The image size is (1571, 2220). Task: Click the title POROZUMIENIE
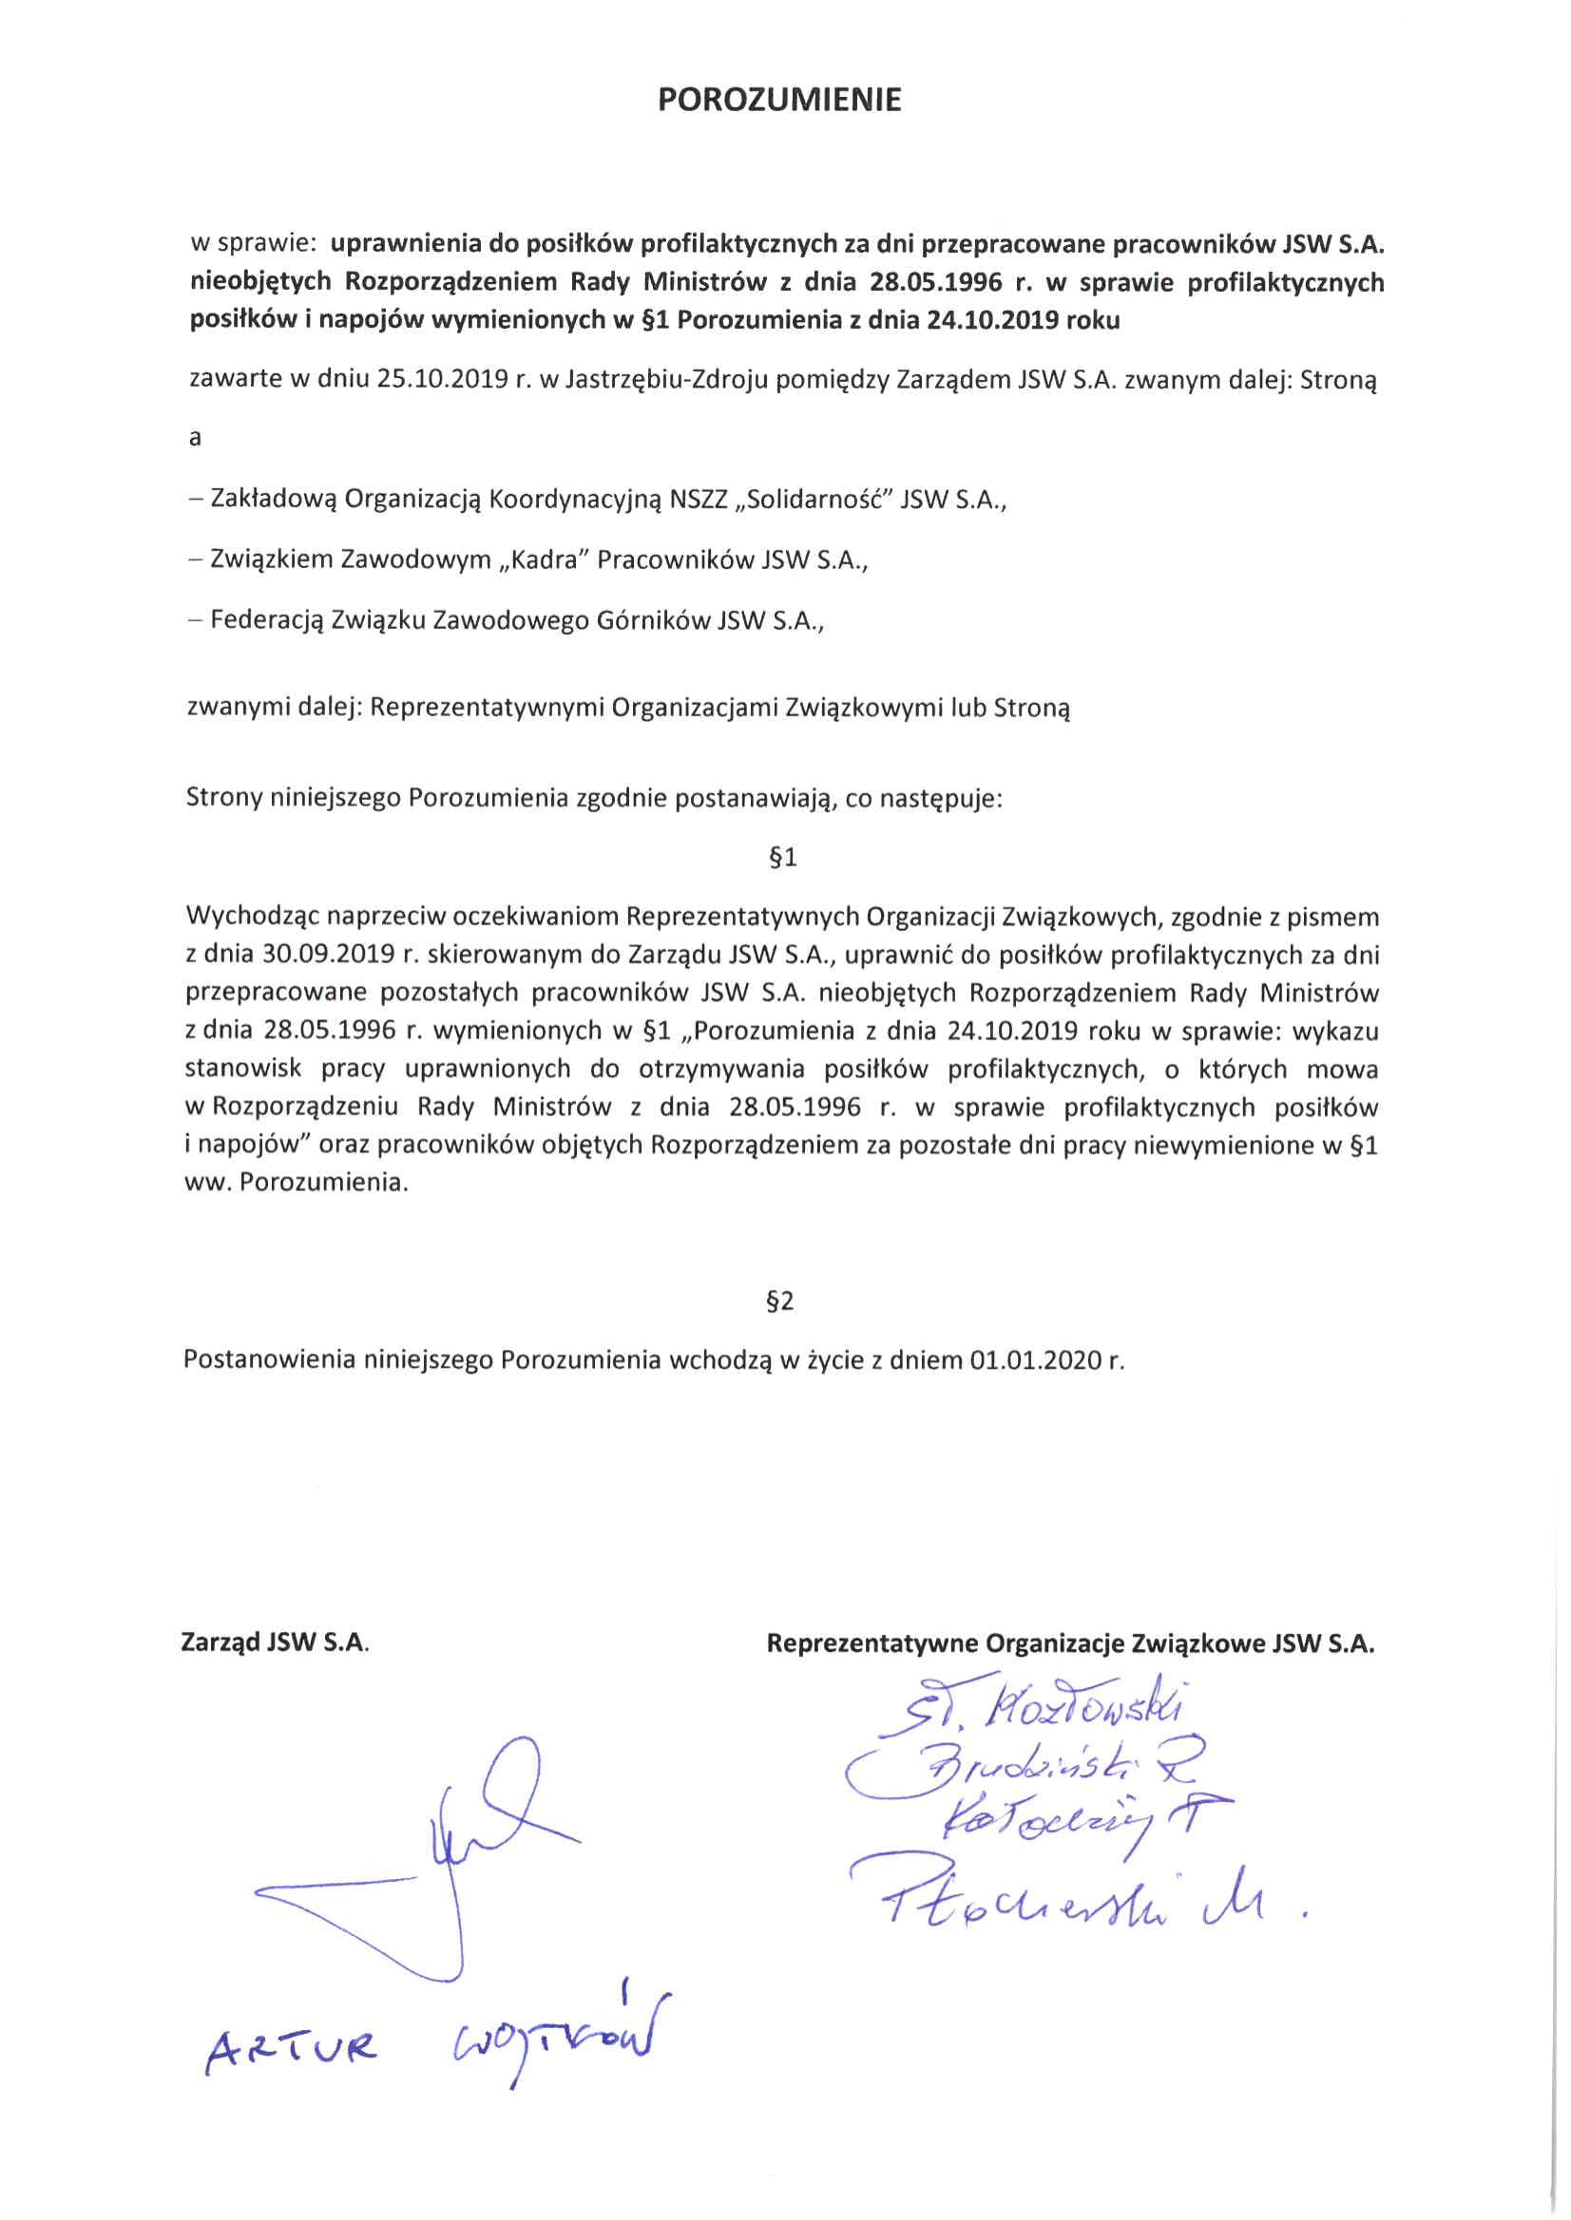(x=778, y=101)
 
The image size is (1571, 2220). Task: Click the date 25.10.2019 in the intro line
(x=442, y=379)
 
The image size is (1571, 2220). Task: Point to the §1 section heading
(x=781, y=857)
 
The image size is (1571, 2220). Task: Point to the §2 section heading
(x=779, y=1301)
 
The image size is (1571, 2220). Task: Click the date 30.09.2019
(x=327, y=956)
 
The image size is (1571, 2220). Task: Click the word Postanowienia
(x=270, y=1360)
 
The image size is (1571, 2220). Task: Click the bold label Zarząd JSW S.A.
(x=275, y=1642)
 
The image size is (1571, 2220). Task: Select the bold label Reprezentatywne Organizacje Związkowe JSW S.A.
(x=1070, y=1642)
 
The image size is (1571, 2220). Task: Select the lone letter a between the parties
(x=195, y=438)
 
